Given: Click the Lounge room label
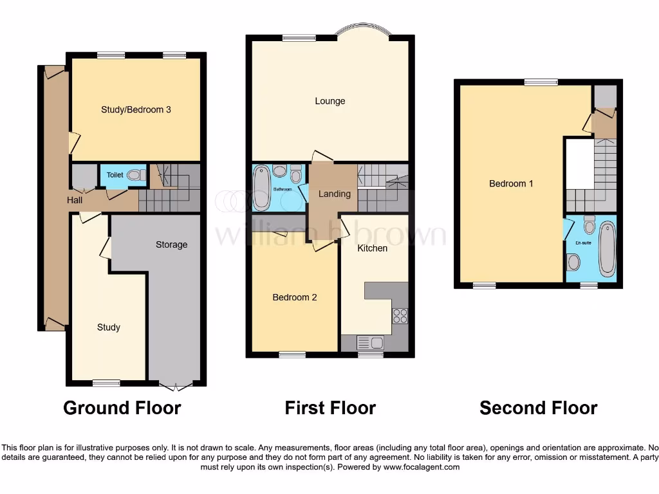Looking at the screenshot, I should tap(329, 101).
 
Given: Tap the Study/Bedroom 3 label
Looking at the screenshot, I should tap(136, 109).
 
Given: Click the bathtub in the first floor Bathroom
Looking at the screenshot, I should tap(262, 187).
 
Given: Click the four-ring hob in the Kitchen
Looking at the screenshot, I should tap(400, 316).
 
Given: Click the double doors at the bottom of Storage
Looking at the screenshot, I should tap(176, 387).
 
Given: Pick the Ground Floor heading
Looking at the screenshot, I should tap(122, 408).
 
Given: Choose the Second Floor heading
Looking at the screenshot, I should tap(538, 408).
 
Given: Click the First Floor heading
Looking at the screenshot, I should tap(330, 408).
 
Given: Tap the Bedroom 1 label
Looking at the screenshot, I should tap(511, 183).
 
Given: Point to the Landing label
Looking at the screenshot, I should tap(335, 194).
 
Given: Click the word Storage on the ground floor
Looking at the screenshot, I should tap(171, 244).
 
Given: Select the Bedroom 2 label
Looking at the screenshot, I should tap(294, 297).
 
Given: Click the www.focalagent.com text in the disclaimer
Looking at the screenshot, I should tap(421, 467).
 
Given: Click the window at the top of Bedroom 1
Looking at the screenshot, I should tap(541, 82).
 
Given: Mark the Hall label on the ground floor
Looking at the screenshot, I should tap(75, 200).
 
